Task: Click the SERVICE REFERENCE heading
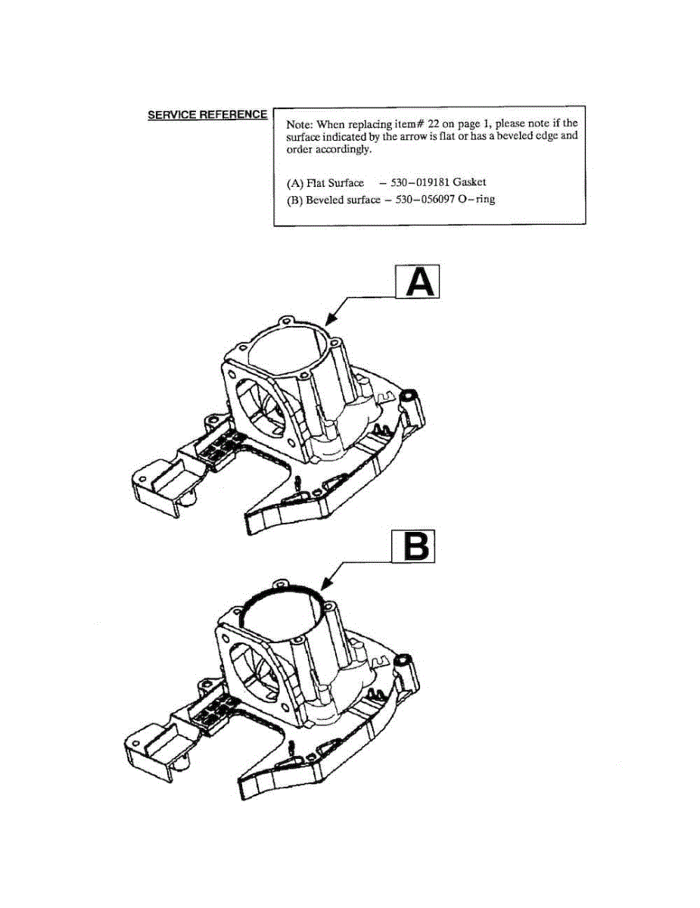pos(207,115)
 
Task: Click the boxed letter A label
pos(418,284)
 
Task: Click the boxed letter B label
pos(415,546)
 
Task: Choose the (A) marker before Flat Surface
pos(294,182)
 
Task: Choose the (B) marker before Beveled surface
pos(294,200)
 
